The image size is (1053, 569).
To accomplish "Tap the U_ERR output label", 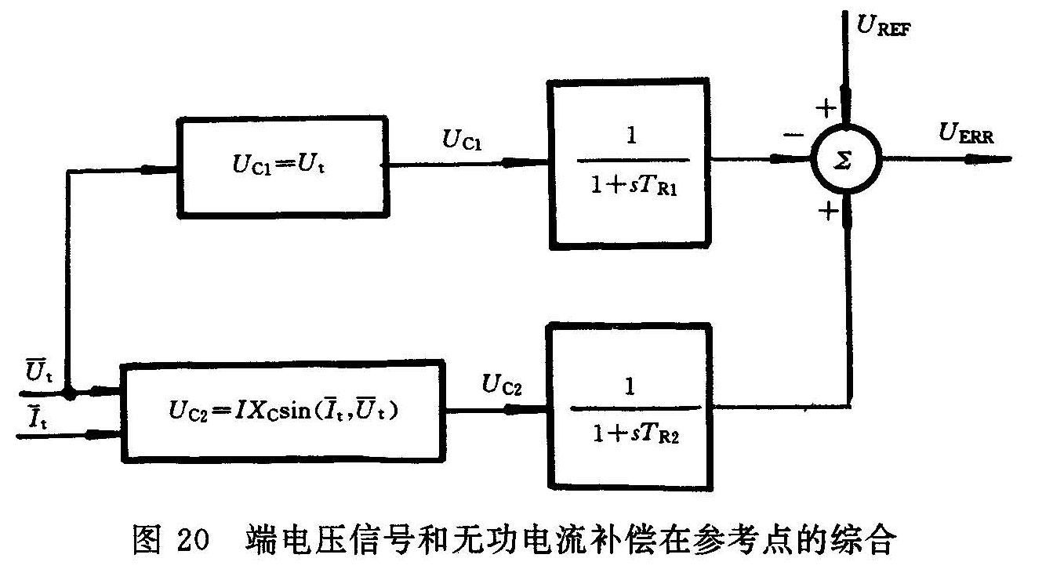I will pos(966,135).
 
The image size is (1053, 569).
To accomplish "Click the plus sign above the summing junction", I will pos(824,107).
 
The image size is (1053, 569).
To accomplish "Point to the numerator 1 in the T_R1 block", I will pos(631,135).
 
